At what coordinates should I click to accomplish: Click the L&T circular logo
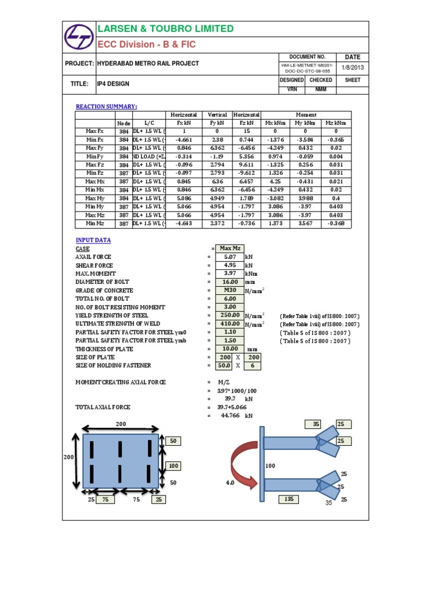click(x=79, y=37)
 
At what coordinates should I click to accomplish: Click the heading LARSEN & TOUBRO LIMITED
click(x=166, y=29)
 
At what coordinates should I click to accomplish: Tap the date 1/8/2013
click(x=353, y=68)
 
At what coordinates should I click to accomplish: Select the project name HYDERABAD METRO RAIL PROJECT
click(x=148, y=64)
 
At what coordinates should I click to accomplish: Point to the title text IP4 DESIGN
click(x=113, y=84)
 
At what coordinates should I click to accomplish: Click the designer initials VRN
click(x=291, y=90)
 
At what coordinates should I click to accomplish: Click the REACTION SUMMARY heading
click(x=106, y=106)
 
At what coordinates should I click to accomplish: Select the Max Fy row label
click(x=95, y=148)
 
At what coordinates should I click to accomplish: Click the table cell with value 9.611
click(x=246, y=165)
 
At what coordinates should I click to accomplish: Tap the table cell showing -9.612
click(x=246, y=173)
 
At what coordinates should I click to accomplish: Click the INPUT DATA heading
click(x=93, y=240)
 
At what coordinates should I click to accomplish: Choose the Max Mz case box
click(x=230, y=249)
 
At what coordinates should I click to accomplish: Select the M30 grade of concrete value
click(x=230, y=290)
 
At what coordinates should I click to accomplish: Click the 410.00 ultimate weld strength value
click(x=230, y=324)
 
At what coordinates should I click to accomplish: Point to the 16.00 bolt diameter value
click(x=230, y=282)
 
